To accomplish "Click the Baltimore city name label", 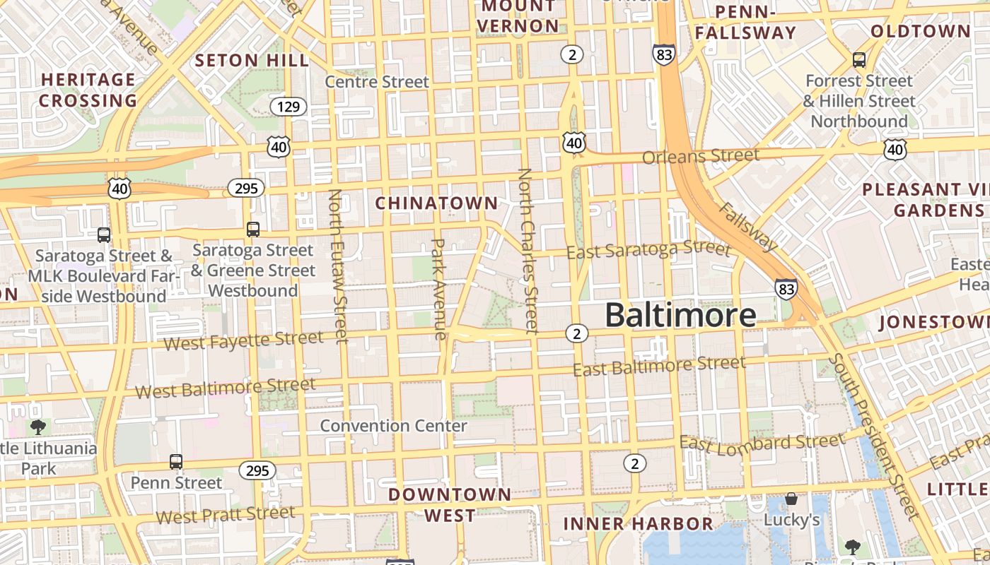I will pos(680,315).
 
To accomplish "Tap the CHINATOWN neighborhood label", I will pos(436,203).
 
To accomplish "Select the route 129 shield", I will pos(289,107).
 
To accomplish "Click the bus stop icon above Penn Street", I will pos(176,462).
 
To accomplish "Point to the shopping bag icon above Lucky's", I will pos(791,499).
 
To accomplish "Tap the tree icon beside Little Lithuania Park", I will pos(37,427).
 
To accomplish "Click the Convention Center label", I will pos(393,426).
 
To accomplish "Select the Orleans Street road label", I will pos(700,155).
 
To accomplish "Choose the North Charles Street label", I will pos(528,250).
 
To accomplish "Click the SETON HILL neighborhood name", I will pos(252,61).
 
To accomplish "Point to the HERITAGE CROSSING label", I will pos(88,90).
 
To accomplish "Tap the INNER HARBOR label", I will pos(638,523).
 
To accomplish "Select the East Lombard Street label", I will pos(762,443).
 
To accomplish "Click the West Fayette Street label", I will pos(243,341).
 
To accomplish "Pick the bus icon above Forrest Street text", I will pos(859,59).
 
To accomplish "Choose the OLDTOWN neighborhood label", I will pos(920,31).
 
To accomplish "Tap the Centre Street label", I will pos(377,82).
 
